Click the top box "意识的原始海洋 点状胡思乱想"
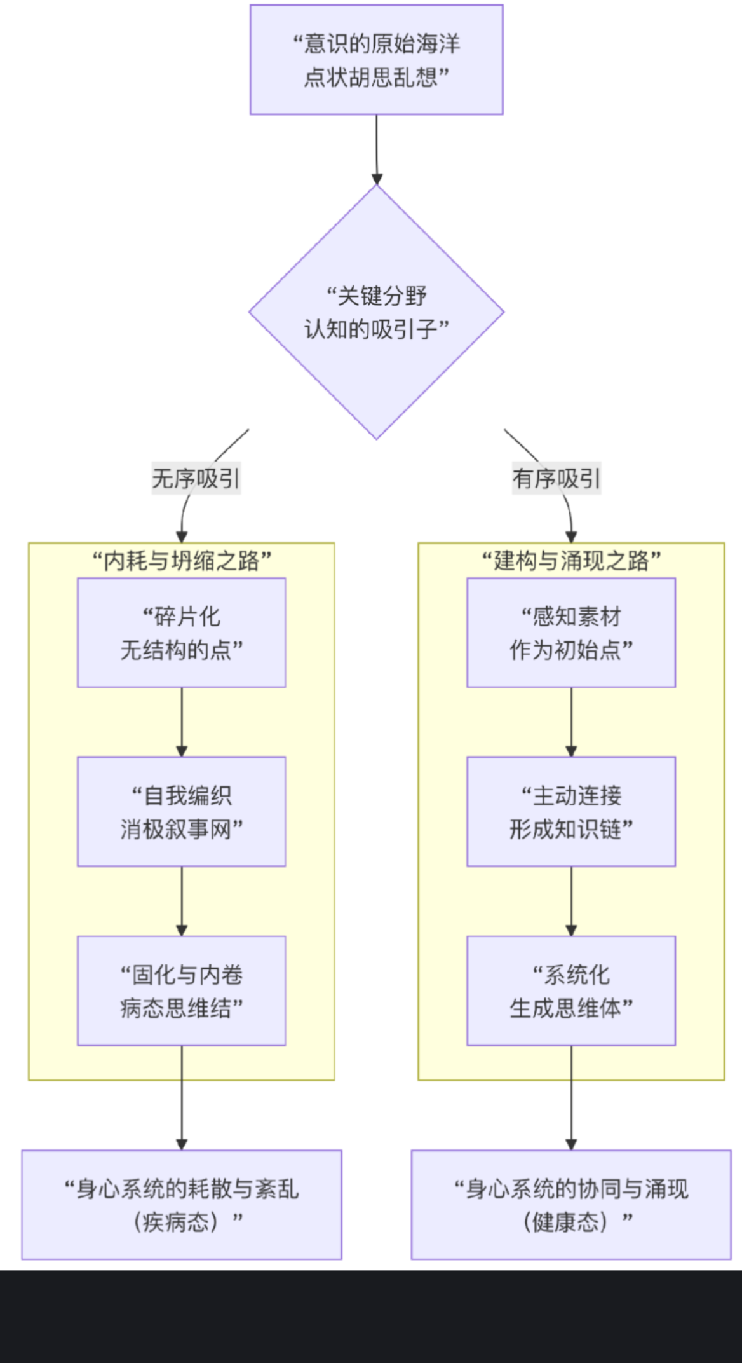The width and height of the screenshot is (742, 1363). (376, 60)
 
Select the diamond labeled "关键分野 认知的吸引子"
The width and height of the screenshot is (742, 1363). (376, 312)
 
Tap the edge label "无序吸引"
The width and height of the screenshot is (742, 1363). (196, 478)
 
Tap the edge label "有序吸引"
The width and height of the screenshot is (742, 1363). (556, 478)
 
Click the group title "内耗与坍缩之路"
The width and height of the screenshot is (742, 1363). (182, 561)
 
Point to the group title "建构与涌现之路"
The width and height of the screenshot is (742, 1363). (571, 561)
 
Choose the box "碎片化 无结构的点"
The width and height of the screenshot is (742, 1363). (182, 633)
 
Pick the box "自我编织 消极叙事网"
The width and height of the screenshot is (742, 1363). (182, 811)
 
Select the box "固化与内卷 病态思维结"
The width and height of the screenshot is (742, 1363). (182, 990)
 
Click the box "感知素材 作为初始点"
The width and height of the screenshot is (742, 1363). (571, 633)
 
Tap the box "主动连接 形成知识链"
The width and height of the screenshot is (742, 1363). (571, 811)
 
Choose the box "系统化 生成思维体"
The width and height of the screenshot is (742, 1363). (571, 990)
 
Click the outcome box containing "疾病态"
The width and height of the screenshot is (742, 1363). (182, 1204)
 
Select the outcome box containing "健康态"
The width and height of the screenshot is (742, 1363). (571, 1204)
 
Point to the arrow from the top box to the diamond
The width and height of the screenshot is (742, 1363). (377, 149)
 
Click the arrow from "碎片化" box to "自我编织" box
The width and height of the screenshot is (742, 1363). (182, 722)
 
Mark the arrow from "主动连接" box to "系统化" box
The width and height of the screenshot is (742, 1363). (571, 901)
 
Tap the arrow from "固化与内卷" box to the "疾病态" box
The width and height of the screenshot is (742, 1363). (182, 1097)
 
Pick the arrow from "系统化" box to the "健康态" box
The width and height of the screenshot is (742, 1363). (571, 1097)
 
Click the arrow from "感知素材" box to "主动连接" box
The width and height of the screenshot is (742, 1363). (571, 722)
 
